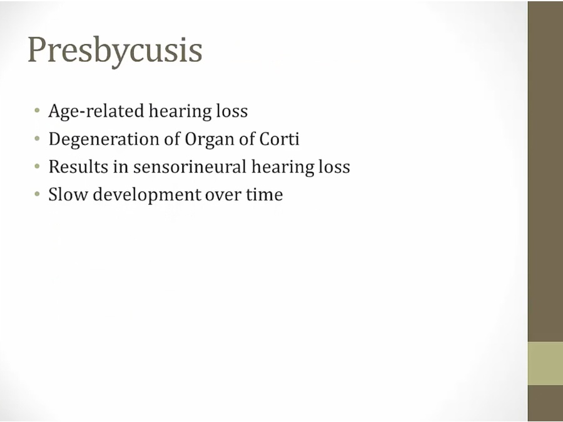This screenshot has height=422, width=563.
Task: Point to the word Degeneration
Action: coord(104,139)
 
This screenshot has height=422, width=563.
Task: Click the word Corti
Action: coord(279,139)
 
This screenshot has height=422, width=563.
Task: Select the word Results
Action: coord(78,167)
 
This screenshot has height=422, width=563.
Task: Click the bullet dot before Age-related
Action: coord(37,111)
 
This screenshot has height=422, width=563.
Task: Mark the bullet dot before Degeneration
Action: coord(37,139)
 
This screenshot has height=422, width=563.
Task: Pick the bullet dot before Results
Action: coord(37,166)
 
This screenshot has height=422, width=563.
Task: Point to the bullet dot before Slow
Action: coord(37,194)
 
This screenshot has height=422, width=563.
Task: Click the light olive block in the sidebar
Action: coord(545,363)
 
